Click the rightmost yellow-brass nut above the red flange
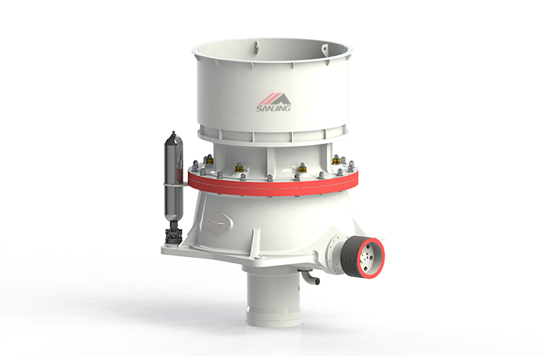pos(335,158)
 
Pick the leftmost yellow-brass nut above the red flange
pos(209,159)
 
